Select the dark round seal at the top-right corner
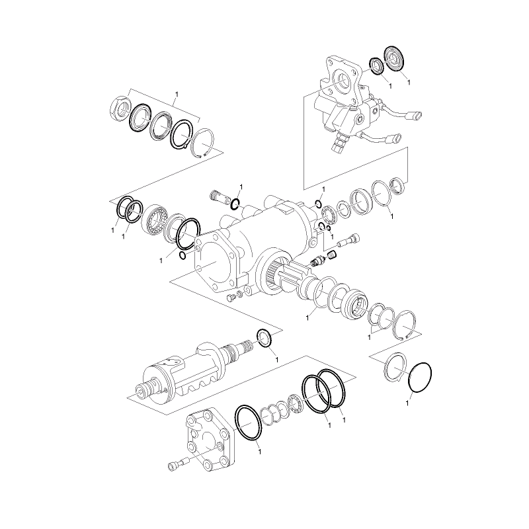click(393, 57)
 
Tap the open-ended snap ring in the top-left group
click(204, 142)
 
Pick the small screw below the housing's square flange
click(231, 298)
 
